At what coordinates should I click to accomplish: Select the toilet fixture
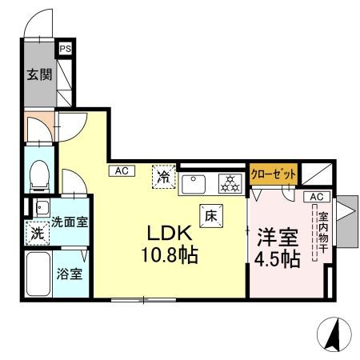pos(38,174)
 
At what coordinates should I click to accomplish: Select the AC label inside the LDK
pos(121,170)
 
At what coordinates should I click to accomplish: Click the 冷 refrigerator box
pos(163,175)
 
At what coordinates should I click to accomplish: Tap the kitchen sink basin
pos(195,184)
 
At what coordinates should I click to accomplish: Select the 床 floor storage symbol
pos(211,214)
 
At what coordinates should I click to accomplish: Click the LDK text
pos(166,234)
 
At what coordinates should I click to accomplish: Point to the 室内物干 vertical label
pos(323,232)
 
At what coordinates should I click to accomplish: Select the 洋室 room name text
pos(278,237)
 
